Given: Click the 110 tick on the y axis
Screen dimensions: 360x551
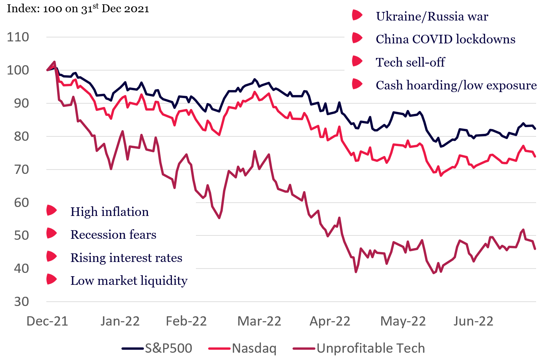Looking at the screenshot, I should [x=18, y=37].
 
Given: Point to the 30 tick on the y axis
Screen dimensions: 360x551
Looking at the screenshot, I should [x=21, y=302].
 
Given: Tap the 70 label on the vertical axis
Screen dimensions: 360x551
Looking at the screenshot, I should [x=21, y=170].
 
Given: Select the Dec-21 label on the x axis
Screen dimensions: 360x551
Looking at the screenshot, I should [x=47, y=321].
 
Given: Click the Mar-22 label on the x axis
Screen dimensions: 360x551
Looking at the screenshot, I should [x=259, y=321].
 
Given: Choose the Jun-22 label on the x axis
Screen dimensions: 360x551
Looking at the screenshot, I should [x=473, y=321].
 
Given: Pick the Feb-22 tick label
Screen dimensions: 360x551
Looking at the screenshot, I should [x=186, y=321].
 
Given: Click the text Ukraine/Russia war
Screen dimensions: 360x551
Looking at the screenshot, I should [x=432, y=17].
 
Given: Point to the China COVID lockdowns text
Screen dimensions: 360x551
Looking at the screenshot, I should [x=445, y=39].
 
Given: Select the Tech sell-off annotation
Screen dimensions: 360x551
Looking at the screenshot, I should [x=410, y=62].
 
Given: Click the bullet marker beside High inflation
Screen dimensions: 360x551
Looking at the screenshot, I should [x=52, y=210].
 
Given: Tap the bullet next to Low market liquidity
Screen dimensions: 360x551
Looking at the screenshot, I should [x=52, y=279].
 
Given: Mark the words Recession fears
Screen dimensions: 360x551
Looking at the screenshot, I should [x=113, y=234].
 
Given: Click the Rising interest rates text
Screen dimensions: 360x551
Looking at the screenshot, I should [x=126, y=258].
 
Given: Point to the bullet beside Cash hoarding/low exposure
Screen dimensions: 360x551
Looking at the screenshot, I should [x=357, y=84].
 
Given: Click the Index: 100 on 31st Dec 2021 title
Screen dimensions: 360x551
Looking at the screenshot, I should [x=78, y=8].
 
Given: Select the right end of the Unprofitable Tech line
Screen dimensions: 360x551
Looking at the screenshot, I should [x=535, y=249].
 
